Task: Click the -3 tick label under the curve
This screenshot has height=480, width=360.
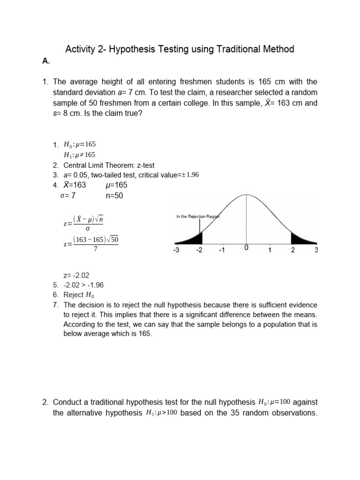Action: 177,250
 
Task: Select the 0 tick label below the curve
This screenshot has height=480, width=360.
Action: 247,248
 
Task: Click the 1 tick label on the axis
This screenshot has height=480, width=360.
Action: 270,250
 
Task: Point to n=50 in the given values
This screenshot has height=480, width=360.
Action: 114,196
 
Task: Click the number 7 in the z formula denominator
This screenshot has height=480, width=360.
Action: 96,249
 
